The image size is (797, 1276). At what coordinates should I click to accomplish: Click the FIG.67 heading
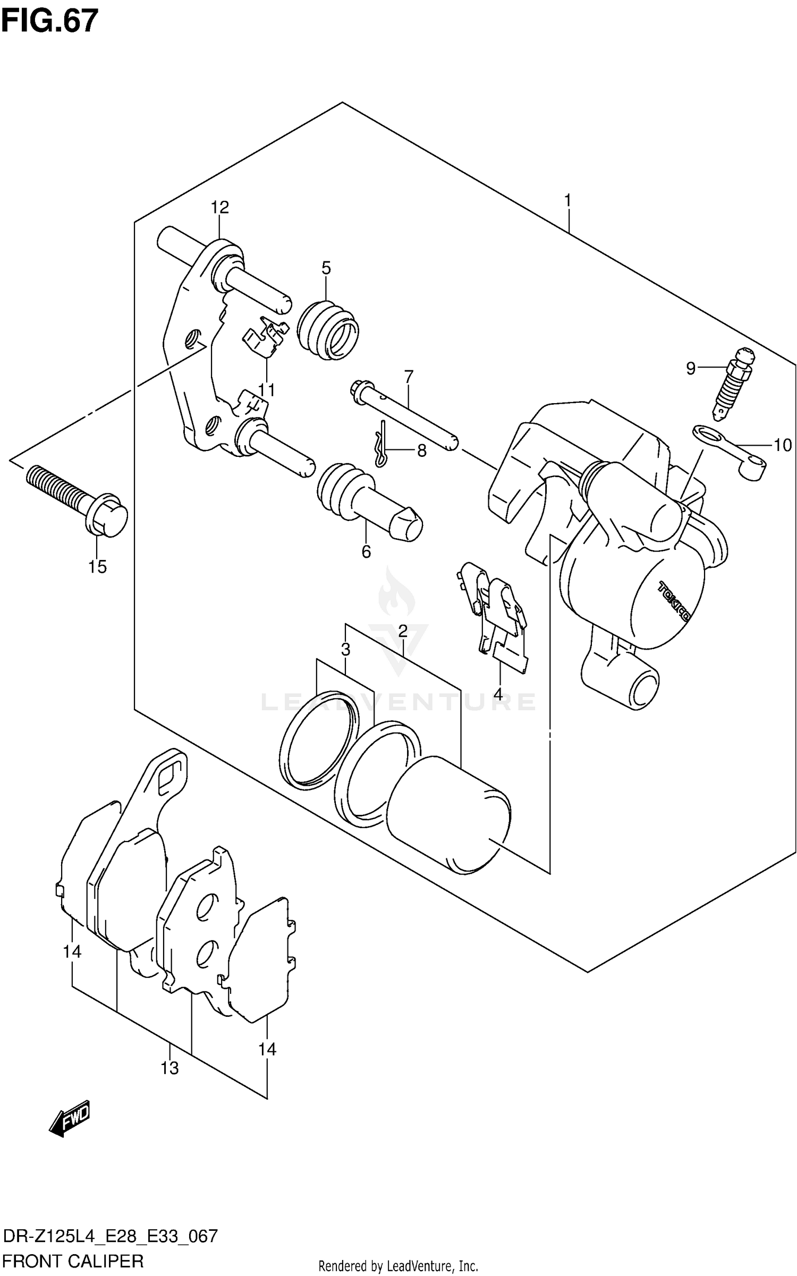tap(49, 21)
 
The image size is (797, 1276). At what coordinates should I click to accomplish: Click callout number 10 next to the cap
tap(782, 445)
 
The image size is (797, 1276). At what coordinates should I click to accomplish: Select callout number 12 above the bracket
tap(219, 207)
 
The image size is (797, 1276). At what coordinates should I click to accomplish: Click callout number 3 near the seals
tap(345, 649)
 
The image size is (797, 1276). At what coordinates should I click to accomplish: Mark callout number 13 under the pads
tap(169, 1068)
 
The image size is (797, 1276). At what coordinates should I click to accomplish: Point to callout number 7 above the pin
tap(408, 377)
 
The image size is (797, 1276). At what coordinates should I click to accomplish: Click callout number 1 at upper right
tap(567, 201)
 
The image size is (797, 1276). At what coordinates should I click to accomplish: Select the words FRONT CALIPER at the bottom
tap(73, 1261)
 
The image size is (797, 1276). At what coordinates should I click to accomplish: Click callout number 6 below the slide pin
tap(366, 552)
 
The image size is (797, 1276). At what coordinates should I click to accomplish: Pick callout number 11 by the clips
tap(266, 390)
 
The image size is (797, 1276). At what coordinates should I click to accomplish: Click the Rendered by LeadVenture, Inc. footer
tap(398, 1266)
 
